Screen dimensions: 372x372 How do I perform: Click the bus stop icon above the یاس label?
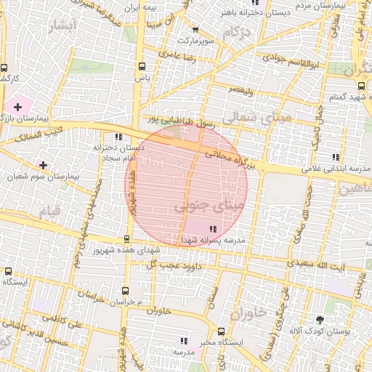tap(142, 65)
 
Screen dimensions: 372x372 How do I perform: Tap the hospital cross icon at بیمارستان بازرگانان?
tap(17, 107)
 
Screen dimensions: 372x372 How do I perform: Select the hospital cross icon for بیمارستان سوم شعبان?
tap(44, 166)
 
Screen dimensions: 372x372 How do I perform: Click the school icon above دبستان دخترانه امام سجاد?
tap(118, 137)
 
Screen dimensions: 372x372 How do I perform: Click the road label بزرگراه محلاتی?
tap(231, 161)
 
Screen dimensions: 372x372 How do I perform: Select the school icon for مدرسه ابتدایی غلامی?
tap(335, 157)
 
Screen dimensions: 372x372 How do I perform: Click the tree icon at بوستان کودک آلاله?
tap(319, 320)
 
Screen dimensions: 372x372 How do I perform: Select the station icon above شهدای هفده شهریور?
tap(127, 239)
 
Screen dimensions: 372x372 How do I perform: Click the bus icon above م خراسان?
tap(126, 288)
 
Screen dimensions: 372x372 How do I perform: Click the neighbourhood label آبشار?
tap(60, 28)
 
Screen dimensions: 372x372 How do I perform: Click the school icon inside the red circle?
tap(211, 229)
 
